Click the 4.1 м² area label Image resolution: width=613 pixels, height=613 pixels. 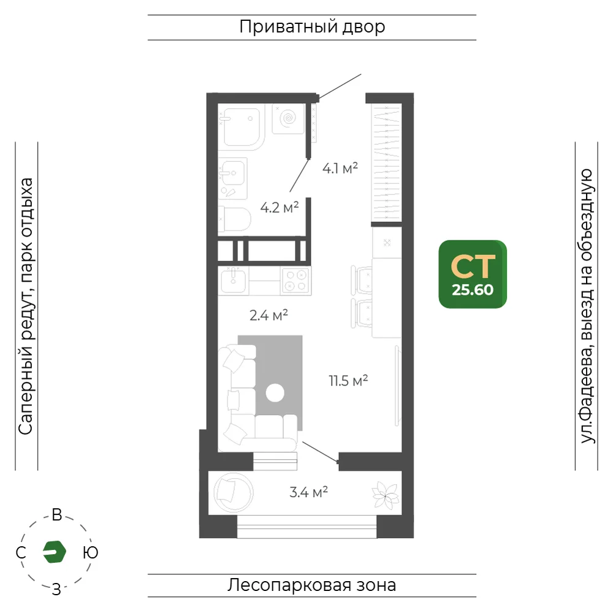pyautogui.click(x=340, y=169)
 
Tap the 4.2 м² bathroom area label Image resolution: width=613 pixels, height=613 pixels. pyautogui.click(x=280, y=207)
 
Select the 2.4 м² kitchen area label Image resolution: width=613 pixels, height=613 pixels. pyautogui.click(x=268, y=314)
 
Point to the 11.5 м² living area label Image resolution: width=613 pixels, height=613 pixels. pyautogui.click(x=348, y=381)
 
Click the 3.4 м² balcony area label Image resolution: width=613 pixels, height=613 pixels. pyautogui.click(x=308, y=492)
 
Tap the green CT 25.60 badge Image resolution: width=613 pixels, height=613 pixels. pyautogui.click(x=473, y=274)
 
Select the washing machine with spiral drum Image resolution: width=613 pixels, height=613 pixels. pyautogui.click(x=289, y=119)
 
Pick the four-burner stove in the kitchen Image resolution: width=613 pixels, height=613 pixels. pyautogui.click(x=296, y=281)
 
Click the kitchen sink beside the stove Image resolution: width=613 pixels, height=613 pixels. pyautogui.click(x=234, y=280)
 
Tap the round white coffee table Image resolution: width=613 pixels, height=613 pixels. pyautogui.click(x=275, y=393)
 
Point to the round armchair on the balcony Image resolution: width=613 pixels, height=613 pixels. pyautogui.click(x=234, y=492)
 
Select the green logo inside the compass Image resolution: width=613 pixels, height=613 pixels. pyautogui.click(x=55, y=552)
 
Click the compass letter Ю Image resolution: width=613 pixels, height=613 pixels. pyautogui.click(x=90, y=552)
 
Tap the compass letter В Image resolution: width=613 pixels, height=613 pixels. pyautogui.click(x=57, y=515)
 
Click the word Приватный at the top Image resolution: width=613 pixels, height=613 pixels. pyautogui.click(x=289, y=27)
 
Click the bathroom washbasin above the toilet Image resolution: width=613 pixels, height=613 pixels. pyautogui.click(x=234, y=178)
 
